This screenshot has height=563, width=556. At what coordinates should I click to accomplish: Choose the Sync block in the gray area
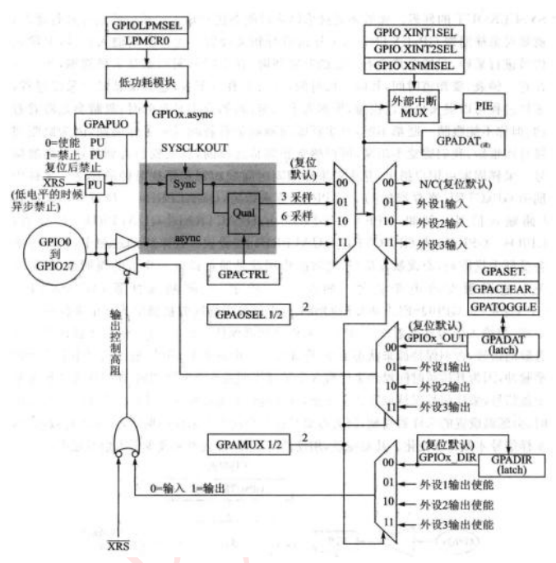click(x=186, y=183)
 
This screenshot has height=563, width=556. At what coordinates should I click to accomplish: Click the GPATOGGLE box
click(x=504, y=307)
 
